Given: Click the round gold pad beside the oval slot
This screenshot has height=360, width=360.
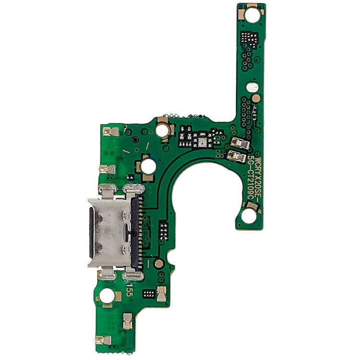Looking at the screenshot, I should (x=257, y=98).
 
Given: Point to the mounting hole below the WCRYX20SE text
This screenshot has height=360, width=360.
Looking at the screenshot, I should (x=249, y=216).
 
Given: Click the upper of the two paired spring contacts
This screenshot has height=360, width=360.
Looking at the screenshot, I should (x=240, y=143).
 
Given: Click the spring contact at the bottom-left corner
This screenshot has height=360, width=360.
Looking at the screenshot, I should (x=103, y=340).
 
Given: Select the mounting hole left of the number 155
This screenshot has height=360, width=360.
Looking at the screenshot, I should (x=107, y=296).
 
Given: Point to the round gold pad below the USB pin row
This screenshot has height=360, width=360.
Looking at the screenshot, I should (x=158, y=263).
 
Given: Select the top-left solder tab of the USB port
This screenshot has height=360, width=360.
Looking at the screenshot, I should (x=107, y=191).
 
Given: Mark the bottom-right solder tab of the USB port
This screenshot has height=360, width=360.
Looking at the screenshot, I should (x=133, y=275).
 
